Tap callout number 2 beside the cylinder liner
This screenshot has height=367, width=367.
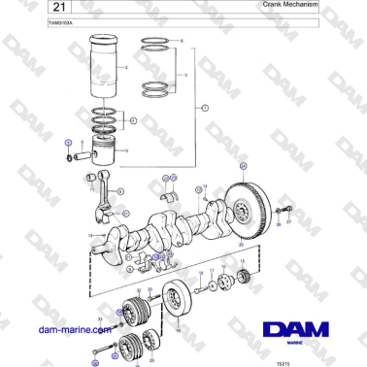(x=126, y=68)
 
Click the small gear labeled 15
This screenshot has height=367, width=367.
(x=246, y=281)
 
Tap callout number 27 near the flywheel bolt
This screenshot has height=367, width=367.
(x=288, y=222)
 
